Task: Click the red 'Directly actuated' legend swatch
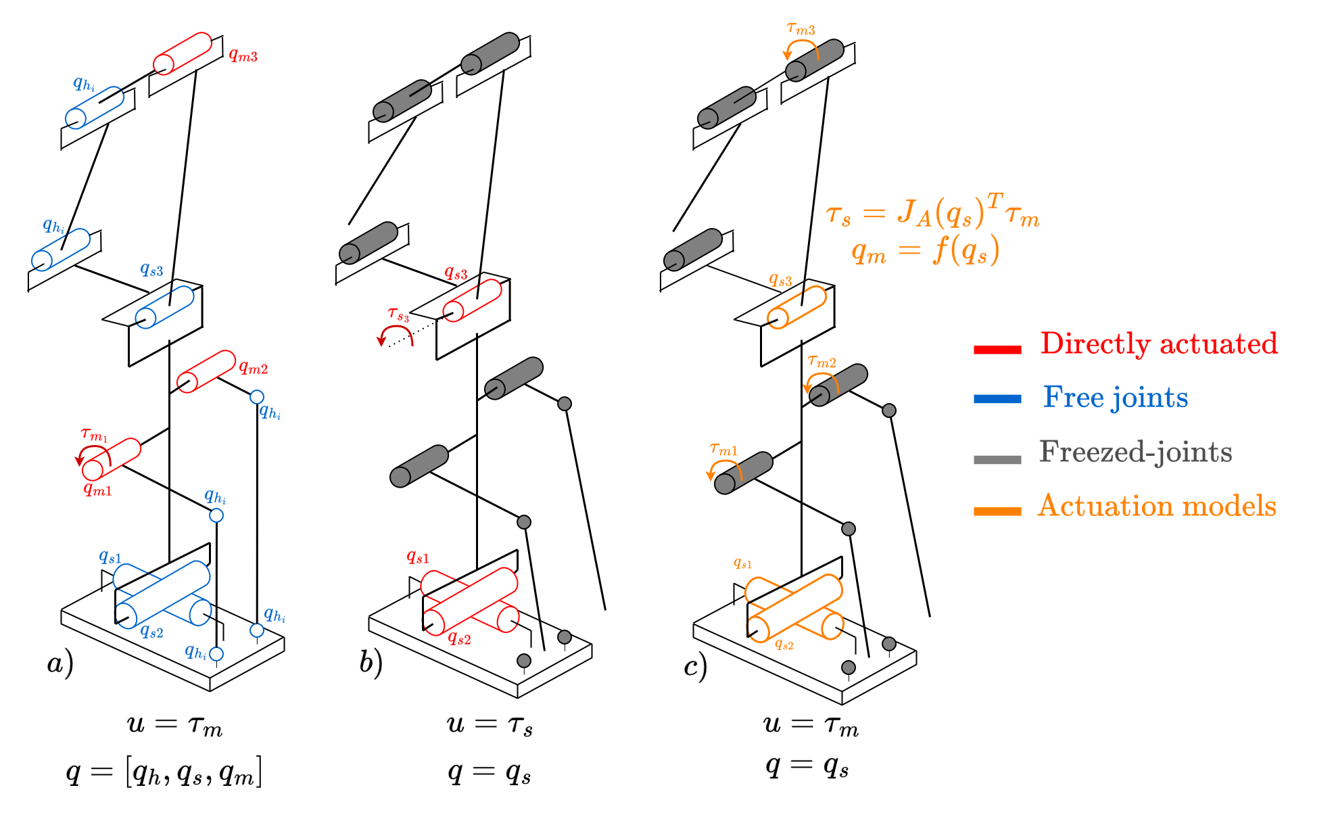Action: (997, 349)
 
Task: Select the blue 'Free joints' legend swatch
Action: (997, 399)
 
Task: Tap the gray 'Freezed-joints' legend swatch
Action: (997, 459)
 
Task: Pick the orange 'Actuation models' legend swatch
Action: (997, 511)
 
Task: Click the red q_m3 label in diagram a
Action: (243, 55)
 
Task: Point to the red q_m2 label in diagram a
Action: (254, 368)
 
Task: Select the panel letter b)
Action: (371, 663)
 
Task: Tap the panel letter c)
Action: (695, 666)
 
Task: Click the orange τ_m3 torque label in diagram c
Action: (801, 29)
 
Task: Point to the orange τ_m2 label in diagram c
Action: (822, 362)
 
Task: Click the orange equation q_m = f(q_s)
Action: (925, 252)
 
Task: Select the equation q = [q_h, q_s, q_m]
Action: (164, 772)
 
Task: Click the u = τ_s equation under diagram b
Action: (490, 724)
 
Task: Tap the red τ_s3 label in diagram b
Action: (398, 314)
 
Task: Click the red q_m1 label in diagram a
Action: (97, 489)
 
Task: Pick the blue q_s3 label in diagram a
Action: (151, 269)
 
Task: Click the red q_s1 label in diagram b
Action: (417, 557)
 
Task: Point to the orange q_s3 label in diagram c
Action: (780, 280)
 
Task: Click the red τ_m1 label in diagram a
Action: (94, 435)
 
